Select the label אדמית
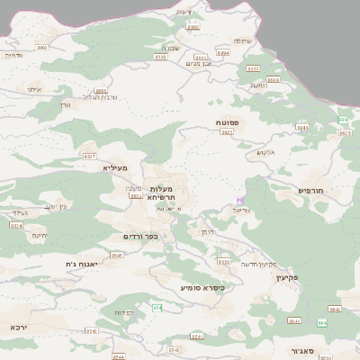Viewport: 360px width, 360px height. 13,55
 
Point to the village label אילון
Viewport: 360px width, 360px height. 35,89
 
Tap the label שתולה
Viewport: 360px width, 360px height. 242,40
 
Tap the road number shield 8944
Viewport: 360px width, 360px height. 302,128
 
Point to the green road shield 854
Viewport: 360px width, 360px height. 157,308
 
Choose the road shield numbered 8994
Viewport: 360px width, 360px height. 224,53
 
